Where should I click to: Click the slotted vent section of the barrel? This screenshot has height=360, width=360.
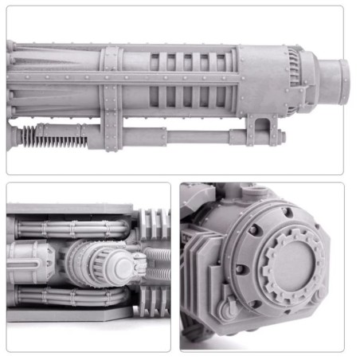[191, 80]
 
